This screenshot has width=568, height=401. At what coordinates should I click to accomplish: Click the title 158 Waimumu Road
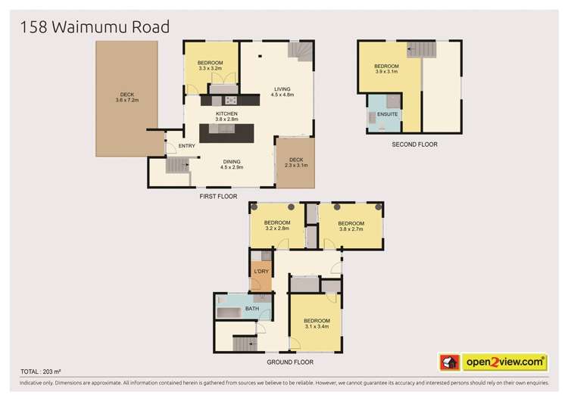[89, 28]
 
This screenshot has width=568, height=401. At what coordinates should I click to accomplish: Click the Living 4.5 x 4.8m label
[282, 92]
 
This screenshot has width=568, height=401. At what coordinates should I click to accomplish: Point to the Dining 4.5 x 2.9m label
[232, 164]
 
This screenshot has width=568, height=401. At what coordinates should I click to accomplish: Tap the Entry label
[187, 146]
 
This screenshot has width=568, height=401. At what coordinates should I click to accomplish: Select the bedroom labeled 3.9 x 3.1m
[386, 70]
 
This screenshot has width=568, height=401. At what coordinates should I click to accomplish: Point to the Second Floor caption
[414, 144]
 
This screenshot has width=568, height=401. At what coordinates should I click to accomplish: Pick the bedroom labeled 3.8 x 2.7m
[351, 225]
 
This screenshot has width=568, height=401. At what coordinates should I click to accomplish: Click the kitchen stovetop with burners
[229, 100]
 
